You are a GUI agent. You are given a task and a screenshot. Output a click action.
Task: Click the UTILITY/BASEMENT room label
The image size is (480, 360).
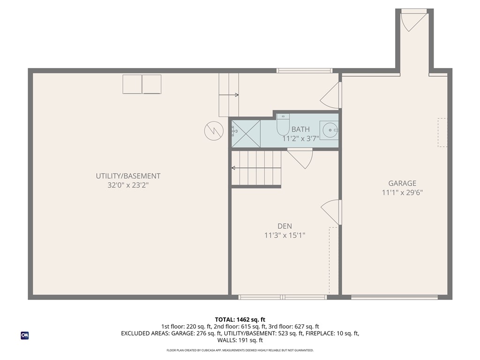coord(128,176)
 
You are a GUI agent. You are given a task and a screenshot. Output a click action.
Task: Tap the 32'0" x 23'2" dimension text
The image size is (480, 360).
coord(128,185)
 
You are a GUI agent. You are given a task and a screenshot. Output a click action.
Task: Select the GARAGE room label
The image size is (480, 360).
coord(402,183)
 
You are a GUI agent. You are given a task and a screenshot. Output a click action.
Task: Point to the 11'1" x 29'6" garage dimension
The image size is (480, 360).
coord(402,192)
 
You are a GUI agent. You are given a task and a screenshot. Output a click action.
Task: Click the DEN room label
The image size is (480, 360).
coord(284,226)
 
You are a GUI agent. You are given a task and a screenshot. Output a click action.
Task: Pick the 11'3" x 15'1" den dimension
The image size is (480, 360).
coord(284,235)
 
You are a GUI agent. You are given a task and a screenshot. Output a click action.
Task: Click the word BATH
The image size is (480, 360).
coord(300,129)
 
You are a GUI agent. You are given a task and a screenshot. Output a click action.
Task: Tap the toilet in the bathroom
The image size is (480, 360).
coord(283,125)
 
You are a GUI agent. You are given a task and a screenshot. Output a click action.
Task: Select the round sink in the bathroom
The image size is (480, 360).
coord(330,129)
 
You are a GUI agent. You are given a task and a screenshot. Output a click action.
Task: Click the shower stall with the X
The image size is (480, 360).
coord(246,134)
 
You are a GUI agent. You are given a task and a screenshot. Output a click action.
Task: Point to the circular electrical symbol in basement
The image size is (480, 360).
coord(213,131)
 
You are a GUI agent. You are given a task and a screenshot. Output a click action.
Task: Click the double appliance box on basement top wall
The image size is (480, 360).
coord(142,84)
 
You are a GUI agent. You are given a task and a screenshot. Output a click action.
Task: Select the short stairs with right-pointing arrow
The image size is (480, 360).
coord(229,95)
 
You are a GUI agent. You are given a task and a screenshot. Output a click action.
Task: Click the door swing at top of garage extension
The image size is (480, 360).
coord(412,21)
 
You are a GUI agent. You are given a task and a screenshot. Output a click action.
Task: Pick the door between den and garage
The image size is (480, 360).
coord(332,212)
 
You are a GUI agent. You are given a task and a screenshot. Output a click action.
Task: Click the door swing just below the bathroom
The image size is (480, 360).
coord(300,158)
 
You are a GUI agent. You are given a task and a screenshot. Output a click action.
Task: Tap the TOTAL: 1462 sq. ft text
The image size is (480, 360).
coord(240,320)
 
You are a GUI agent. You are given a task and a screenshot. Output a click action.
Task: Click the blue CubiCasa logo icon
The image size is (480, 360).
coord(24,336)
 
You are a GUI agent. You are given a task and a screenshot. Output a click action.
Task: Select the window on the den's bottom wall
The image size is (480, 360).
coord(283,297)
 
